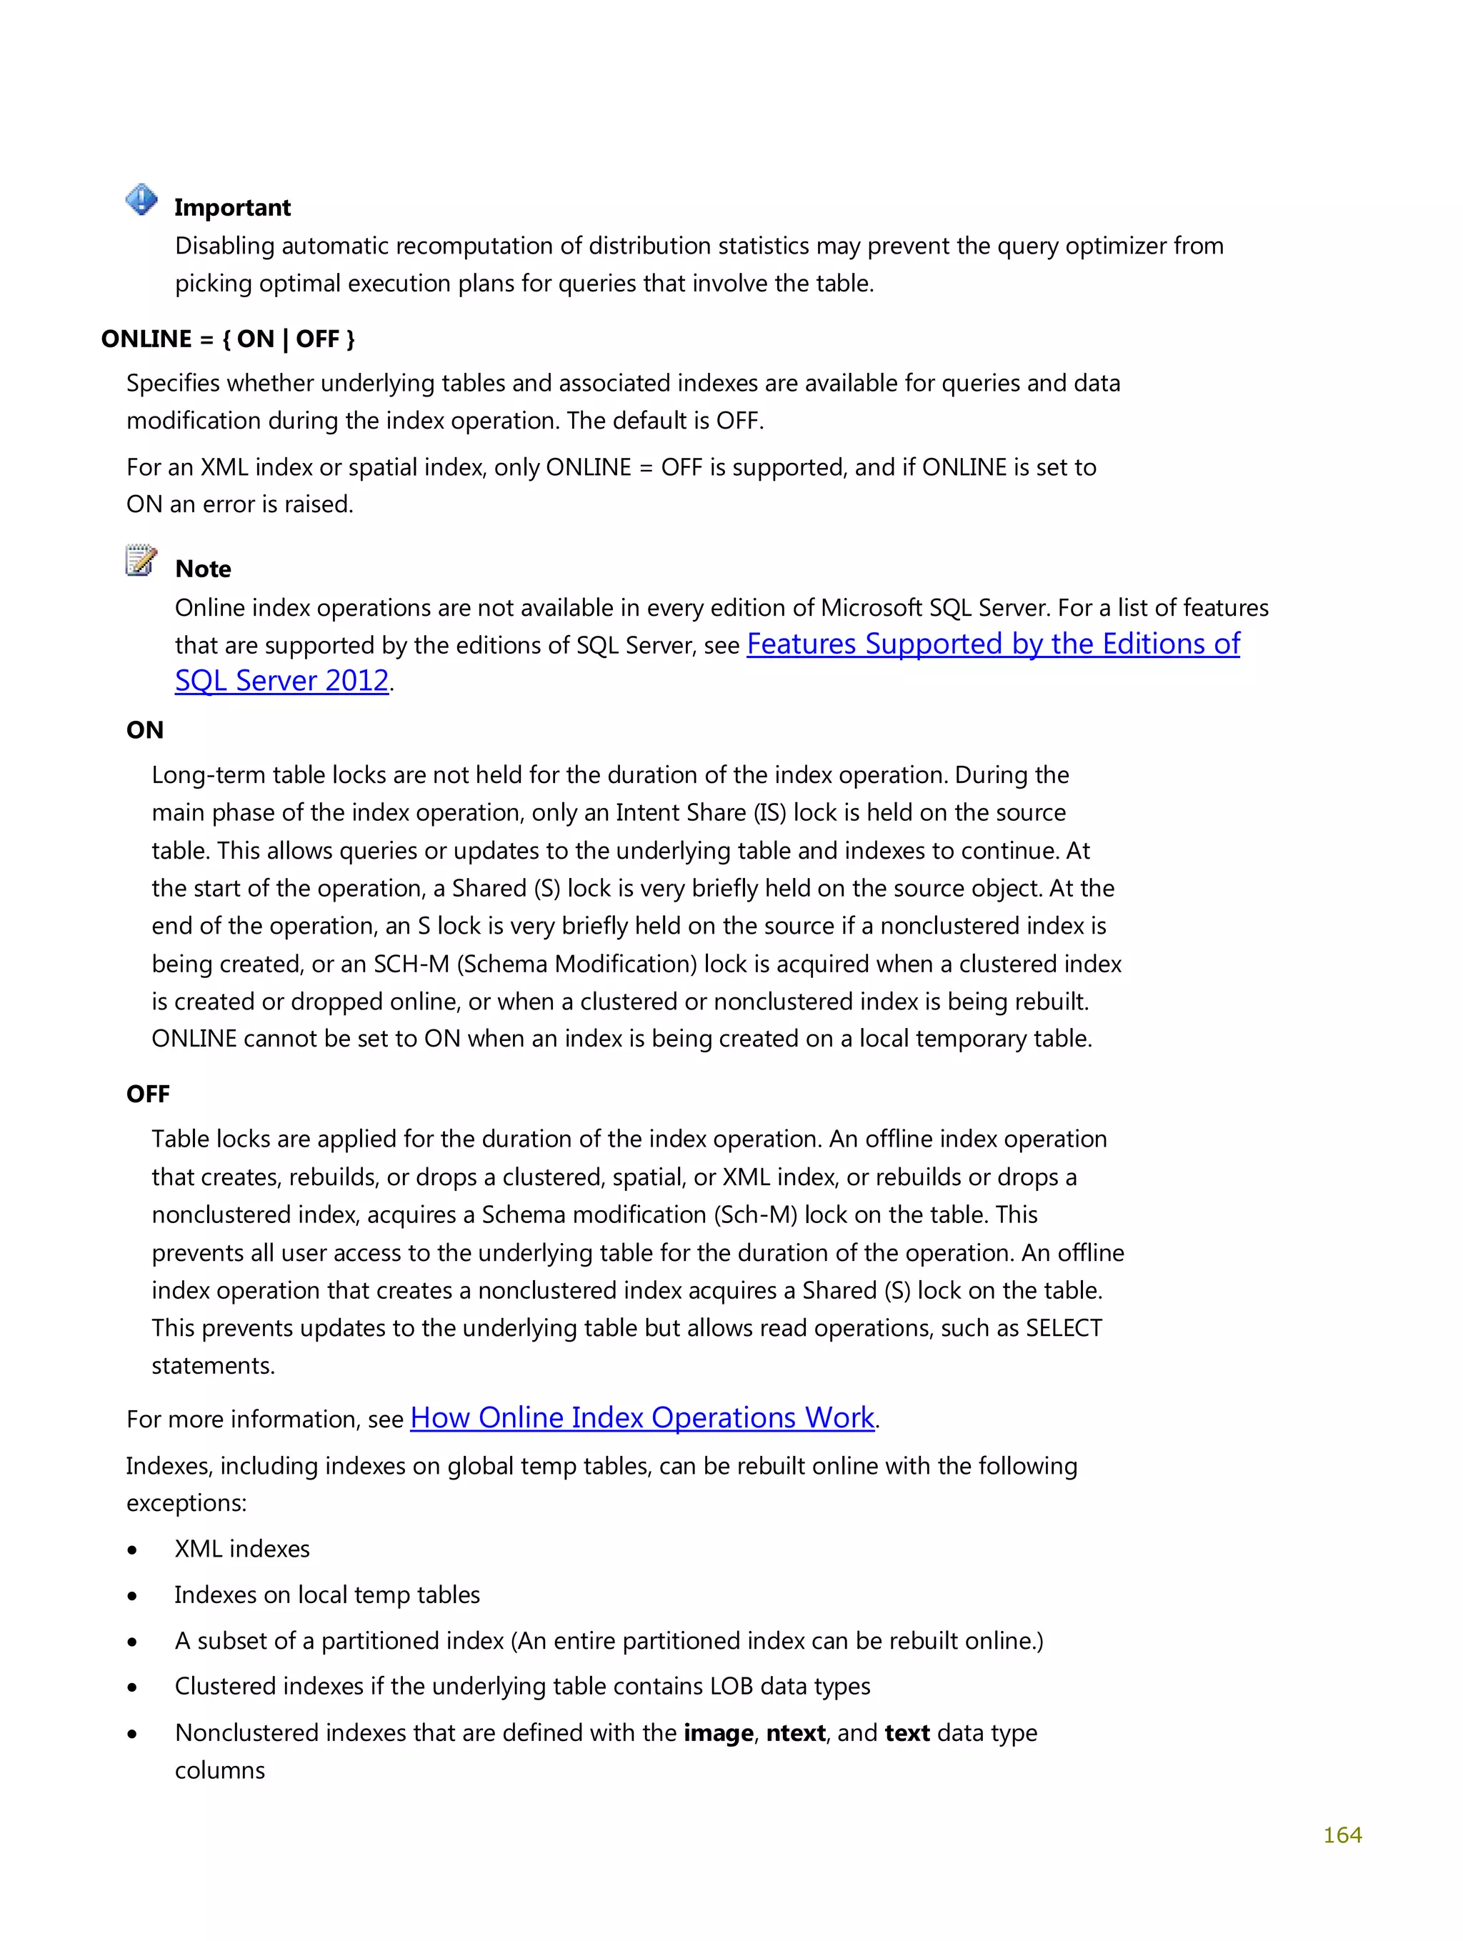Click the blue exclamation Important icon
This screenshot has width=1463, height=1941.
(x=141, y=200)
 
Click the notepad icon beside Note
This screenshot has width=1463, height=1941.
(x=141, y=560)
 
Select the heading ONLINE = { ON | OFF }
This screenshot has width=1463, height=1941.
(x=227, y=339)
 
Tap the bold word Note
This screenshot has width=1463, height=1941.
(x=203, y=569)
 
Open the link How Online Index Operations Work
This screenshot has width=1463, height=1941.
(x=641, y=1418)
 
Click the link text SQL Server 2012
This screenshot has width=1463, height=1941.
(x=281, y=681)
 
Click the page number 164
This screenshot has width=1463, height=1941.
(x=1341, y=1835)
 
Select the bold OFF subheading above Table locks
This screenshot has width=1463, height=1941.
(x=147, y=1094)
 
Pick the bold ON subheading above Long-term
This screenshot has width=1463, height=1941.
(x=145, y=730)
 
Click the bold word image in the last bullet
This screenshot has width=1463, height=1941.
(x=718, y=1733)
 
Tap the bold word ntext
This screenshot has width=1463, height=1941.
(x=795, y=1733)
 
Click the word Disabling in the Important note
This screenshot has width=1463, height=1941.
(x=225, y=246)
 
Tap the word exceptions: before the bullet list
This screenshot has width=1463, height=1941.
(x=186, y=1503)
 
